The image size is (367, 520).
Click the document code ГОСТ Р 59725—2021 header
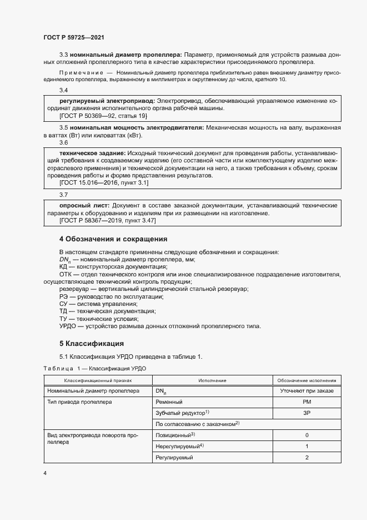click(x=74, y=38)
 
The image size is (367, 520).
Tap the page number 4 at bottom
click(x=45, y=473)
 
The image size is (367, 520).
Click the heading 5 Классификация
click(x=92, y=343)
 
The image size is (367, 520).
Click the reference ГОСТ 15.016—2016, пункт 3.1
click(x=104, y=182)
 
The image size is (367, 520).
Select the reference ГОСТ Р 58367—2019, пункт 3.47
click(x=108, y=221)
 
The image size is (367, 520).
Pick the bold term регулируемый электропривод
click(x=107, y=101)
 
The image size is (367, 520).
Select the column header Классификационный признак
click(x=98, y=381)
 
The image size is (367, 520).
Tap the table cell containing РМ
click(x=306, y=401)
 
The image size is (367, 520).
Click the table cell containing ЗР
click(x=306, y=412)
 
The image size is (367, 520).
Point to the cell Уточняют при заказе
click(x=306, y=391)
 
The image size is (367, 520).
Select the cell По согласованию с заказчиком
click(x=198, y=424)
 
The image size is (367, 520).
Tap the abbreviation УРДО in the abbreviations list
click(x=68, y=326)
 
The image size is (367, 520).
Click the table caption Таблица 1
click(x=58, y=369)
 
